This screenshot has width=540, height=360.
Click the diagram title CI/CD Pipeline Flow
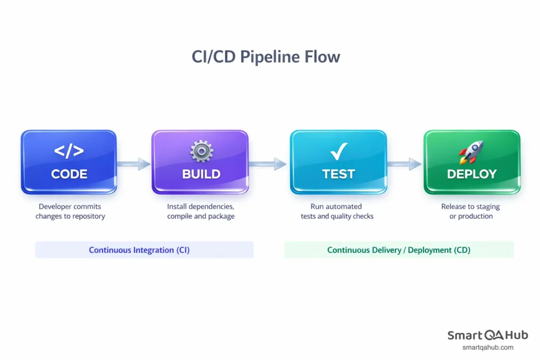coord(266,57)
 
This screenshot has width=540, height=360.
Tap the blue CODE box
coord(69,162)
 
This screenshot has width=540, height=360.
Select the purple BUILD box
coord(200,162)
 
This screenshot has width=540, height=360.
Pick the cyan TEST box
coord(338,162)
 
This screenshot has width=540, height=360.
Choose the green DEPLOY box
coord(472,162)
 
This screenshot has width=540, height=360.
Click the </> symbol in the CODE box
coord(69,151)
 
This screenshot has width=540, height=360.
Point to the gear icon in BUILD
coord(201,151)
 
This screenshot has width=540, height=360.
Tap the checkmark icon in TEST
coord(337,152)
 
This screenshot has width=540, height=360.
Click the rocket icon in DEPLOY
coord(471,152)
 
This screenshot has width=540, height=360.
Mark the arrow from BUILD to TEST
coord(268,164)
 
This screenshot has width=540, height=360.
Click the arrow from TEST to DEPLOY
coord(404,164)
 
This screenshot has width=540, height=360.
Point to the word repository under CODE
coord(86,216)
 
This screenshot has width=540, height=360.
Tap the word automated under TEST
coord(343,207)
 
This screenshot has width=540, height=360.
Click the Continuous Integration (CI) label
coord(139,250)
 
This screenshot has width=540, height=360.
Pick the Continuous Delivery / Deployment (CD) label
coord(399,250)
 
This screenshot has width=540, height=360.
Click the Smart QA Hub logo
coord(487,335)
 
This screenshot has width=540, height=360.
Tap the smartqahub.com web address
coord(487,347)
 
